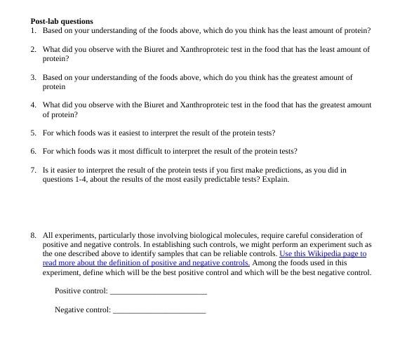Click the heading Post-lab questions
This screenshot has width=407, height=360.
coord(62,21)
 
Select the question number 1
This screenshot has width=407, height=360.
coord(33,31)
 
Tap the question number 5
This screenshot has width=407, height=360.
coord(33,133)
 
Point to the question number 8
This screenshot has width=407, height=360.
coord(33,235)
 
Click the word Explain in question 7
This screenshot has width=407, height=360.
coord(276,179)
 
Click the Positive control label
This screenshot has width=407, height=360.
coord(81,291)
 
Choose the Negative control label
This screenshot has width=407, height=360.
coord(83,309)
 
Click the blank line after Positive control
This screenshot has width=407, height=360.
coord(159,291)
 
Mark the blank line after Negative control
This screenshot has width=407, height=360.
coord(159,310)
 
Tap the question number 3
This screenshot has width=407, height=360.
coord(33,77)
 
